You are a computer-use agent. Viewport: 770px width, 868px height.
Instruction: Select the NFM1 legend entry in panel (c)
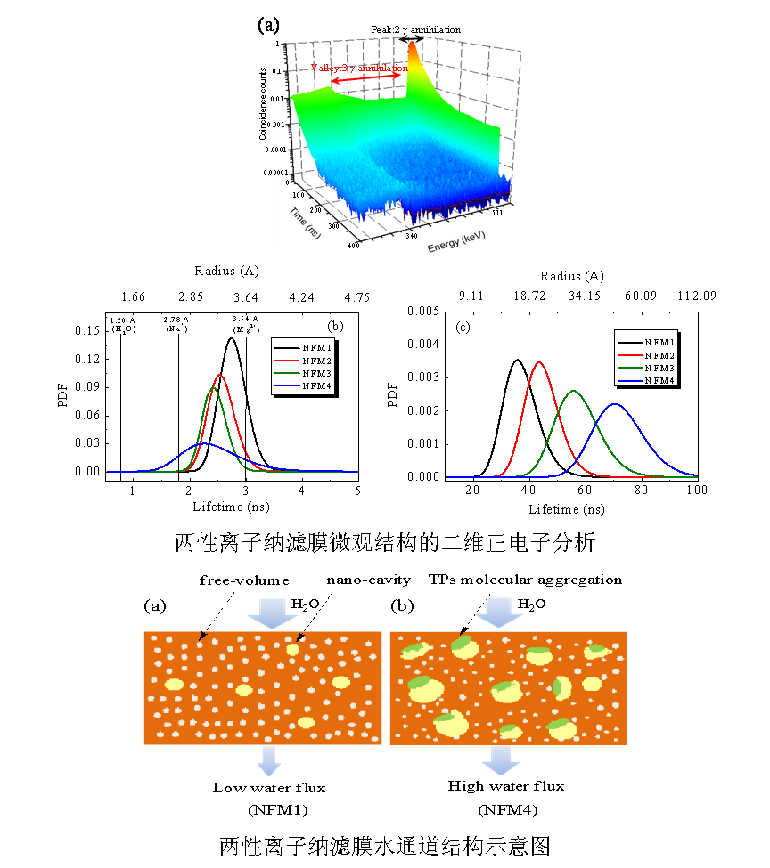tap(648, 341)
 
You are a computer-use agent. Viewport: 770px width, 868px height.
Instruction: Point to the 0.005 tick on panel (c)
tap(421, 311)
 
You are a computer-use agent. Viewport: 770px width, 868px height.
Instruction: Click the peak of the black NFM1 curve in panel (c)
tap(516, 360)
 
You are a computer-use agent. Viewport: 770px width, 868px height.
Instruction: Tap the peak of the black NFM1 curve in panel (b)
tap(232, 338)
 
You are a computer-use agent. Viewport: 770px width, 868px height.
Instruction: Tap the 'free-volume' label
tap(244, 580)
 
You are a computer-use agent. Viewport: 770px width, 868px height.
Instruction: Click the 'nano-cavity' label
tap(368, 580)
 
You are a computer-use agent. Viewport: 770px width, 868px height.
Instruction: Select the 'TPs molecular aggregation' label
tap(525, 580)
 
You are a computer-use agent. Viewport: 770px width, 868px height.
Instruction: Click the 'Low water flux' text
tap(268, 787)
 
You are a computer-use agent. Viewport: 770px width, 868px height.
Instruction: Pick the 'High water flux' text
tap(505, 786)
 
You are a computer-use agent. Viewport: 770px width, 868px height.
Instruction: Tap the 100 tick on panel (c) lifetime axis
tap(697, 489)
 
